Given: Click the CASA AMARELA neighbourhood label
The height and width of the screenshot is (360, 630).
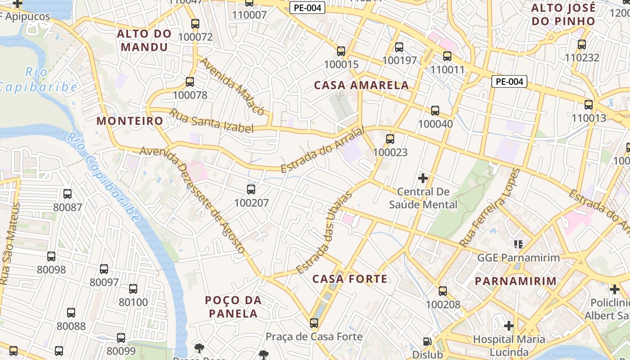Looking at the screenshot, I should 361,85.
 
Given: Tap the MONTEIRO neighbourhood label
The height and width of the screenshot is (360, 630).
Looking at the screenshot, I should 130,121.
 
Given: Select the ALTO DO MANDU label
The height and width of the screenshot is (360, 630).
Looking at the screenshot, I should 144,40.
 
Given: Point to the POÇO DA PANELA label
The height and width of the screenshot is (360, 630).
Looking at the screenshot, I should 234,306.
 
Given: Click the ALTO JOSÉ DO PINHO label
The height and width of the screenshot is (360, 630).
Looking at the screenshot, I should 563,14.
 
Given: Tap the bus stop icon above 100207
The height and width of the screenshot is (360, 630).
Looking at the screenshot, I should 251,189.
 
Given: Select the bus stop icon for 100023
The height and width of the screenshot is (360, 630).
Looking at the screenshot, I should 390,139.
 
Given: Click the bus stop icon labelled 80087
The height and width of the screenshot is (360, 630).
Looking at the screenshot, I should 67,194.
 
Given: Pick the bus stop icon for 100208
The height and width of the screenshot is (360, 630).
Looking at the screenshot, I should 443,291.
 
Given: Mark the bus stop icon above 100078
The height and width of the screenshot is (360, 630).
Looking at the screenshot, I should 190,82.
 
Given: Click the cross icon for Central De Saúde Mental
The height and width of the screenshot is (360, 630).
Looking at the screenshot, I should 423,178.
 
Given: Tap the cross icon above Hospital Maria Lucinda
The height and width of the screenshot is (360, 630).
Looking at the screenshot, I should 509,325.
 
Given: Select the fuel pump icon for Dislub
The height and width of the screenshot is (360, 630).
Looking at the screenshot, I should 427,342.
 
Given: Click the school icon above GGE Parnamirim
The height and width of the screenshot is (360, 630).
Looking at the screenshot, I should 518,244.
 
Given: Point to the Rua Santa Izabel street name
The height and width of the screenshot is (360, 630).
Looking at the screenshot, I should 211,121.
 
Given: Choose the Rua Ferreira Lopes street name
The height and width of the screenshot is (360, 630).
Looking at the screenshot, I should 490,207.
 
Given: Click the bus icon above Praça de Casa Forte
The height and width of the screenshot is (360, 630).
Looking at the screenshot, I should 314,323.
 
